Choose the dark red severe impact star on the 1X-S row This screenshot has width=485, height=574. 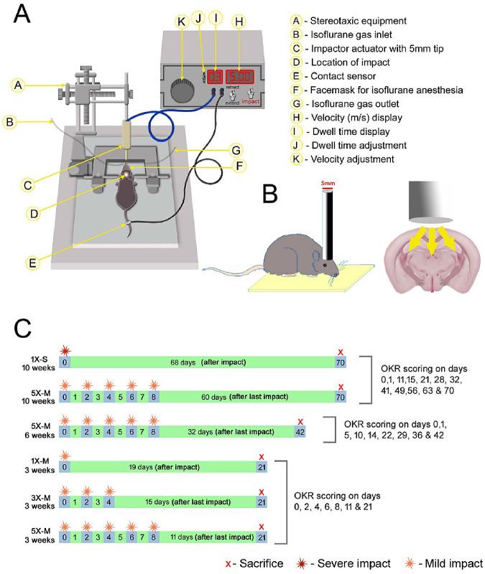[65, 350]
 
